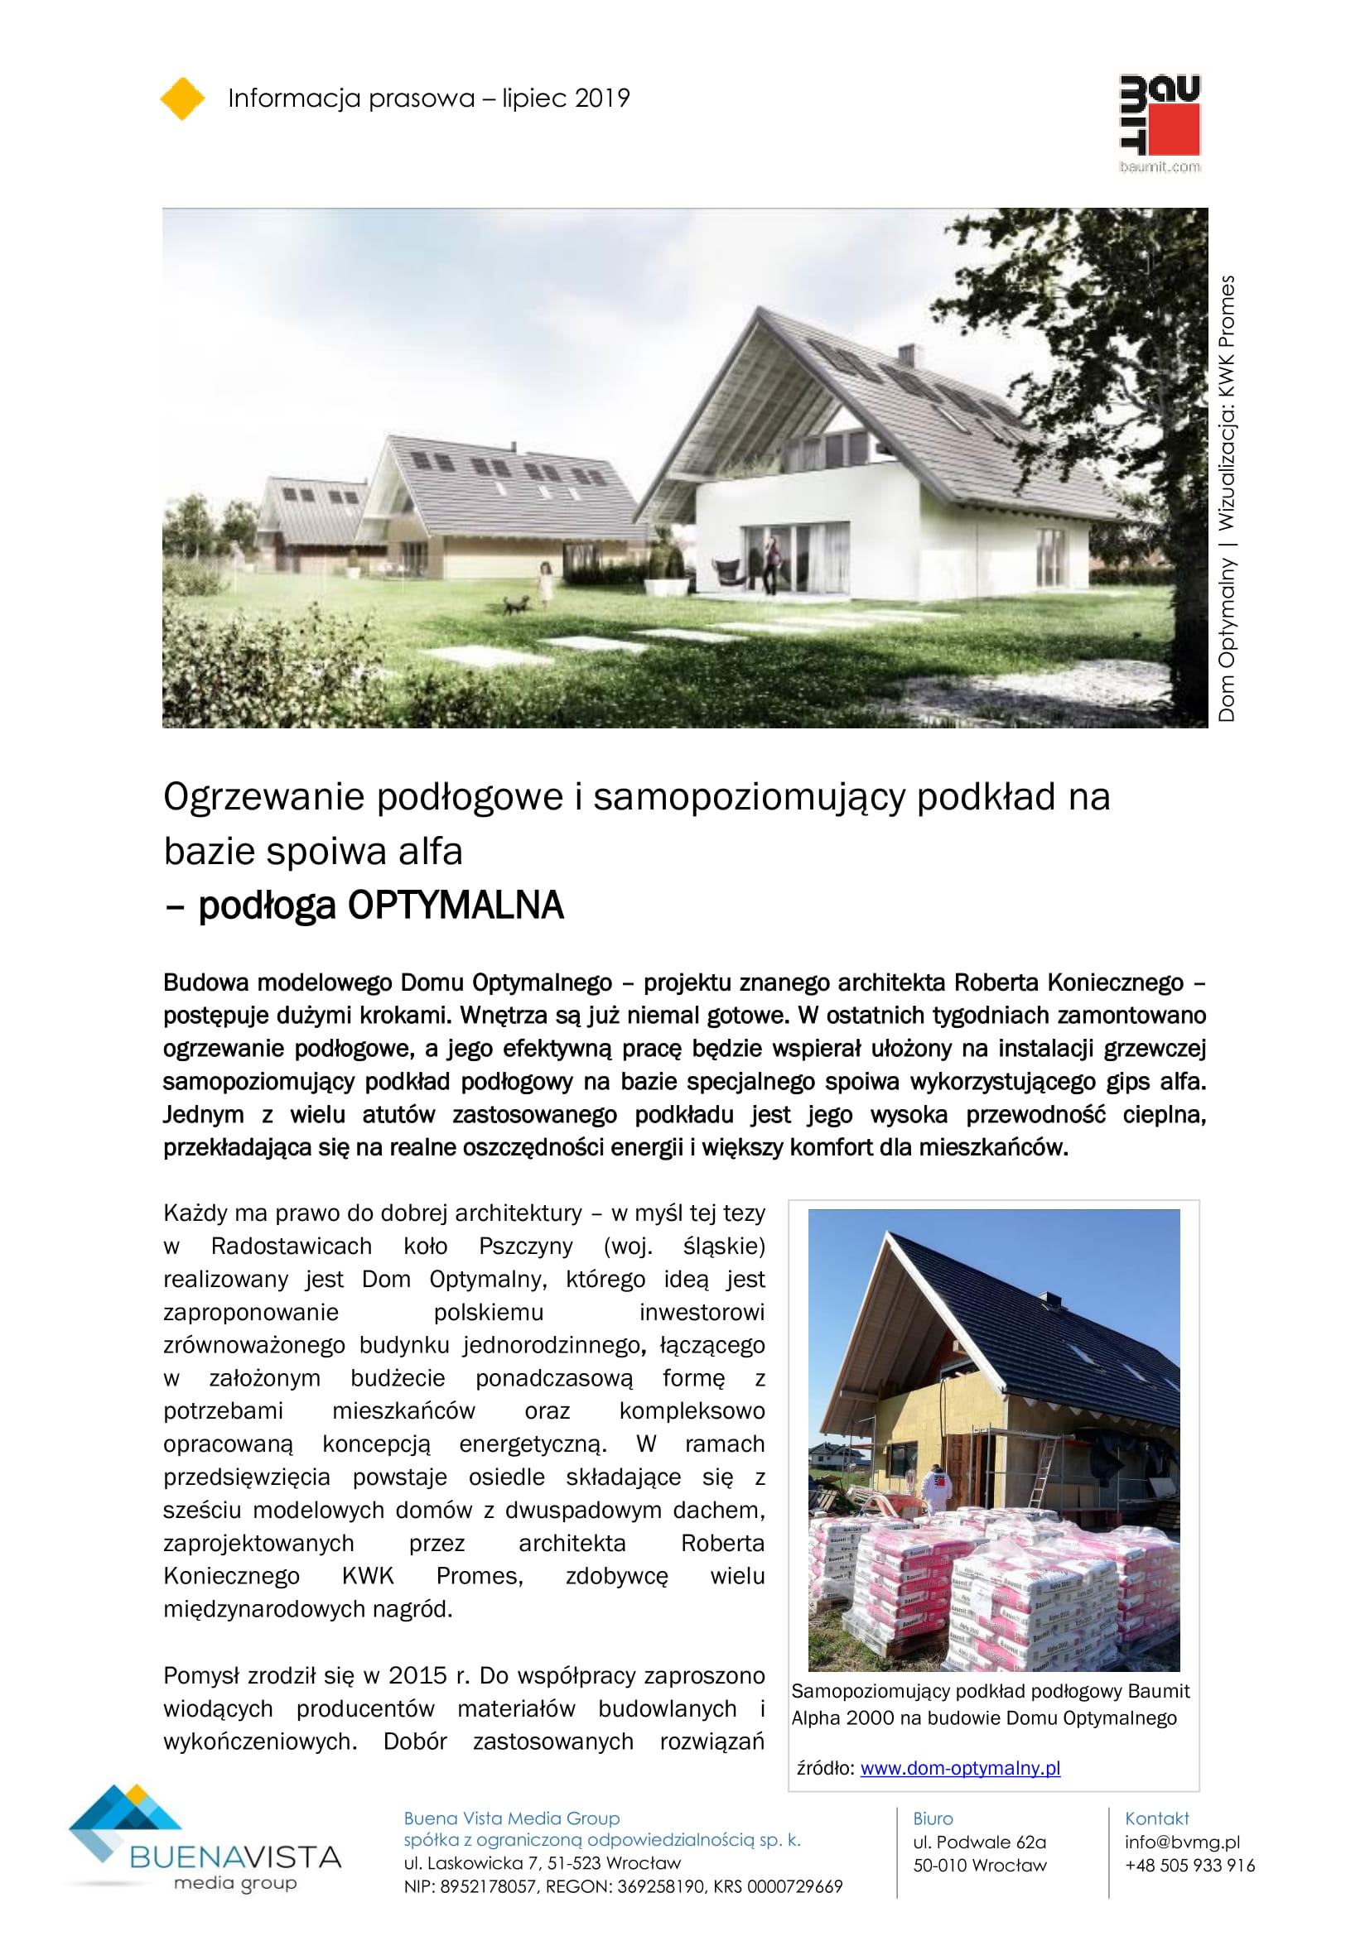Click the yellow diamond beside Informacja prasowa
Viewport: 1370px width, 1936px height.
pos(182,98)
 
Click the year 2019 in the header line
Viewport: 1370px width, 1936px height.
pos(601,98)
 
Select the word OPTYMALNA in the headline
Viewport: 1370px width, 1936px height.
pos(456,906)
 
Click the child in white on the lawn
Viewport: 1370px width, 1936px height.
pos(546,584)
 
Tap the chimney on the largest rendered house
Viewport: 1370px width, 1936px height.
pos(906,354)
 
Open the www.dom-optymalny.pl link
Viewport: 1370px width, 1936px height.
pos(960,1768)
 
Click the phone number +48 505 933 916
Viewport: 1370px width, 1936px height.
pos(1189,1865)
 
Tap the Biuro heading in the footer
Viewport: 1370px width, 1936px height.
pos(932,1818)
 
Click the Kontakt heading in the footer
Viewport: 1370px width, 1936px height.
pos(1156,1818)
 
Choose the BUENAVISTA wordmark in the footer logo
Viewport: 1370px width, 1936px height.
pos(235,1857)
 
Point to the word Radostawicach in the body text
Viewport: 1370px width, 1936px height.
pos(291,1247)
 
